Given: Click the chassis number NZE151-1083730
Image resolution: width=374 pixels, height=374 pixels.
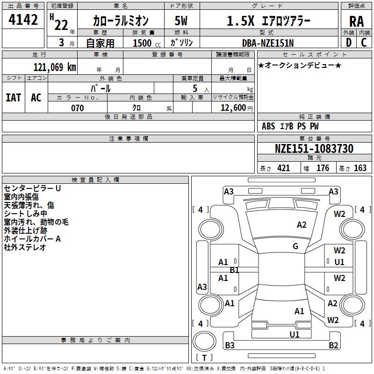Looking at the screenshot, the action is pos(314,149).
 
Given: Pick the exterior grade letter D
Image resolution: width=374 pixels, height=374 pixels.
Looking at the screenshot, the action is pos(348,43).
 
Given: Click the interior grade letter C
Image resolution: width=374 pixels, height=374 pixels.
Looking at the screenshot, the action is pos(364,43).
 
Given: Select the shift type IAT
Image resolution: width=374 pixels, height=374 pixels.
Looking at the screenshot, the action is pos(13,98).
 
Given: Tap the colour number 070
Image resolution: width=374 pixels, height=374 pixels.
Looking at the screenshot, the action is pos(77,108).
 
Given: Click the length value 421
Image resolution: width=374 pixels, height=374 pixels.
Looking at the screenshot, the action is pos(283,168).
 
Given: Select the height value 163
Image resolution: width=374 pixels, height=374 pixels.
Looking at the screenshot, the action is pos(360,168).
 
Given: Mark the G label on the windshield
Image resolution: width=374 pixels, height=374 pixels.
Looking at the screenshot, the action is pos(295,246).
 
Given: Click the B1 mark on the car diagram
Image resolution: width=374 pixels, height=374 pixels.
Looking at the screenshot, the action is pos(234,270).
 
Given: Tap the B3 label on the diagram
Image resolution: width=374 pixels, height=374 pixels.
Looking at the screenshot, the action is pos(230,345).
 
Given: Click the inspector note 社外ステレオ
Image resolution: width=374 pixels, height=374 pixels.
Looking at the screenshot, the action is pos(25,247).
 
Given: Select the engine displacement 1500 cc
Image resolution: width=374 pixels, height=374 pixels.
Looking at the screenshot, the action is pos(145,43).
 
